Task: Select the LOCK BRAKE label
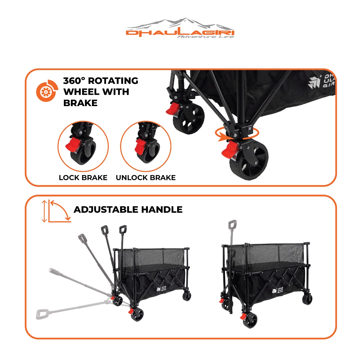[x=83, y=178]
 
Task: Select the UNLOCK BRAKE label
[x=146, y=178]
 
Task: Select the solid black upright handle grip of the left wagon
[x=123, y=229]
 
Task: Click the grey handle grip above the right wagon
[x=233, y=224]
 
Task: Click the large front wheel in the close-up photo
[x=249, y=160]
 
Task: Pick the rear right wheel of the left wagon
[x=186, y=296]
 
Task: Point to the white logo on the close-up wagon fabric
[x=321, y=82]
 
